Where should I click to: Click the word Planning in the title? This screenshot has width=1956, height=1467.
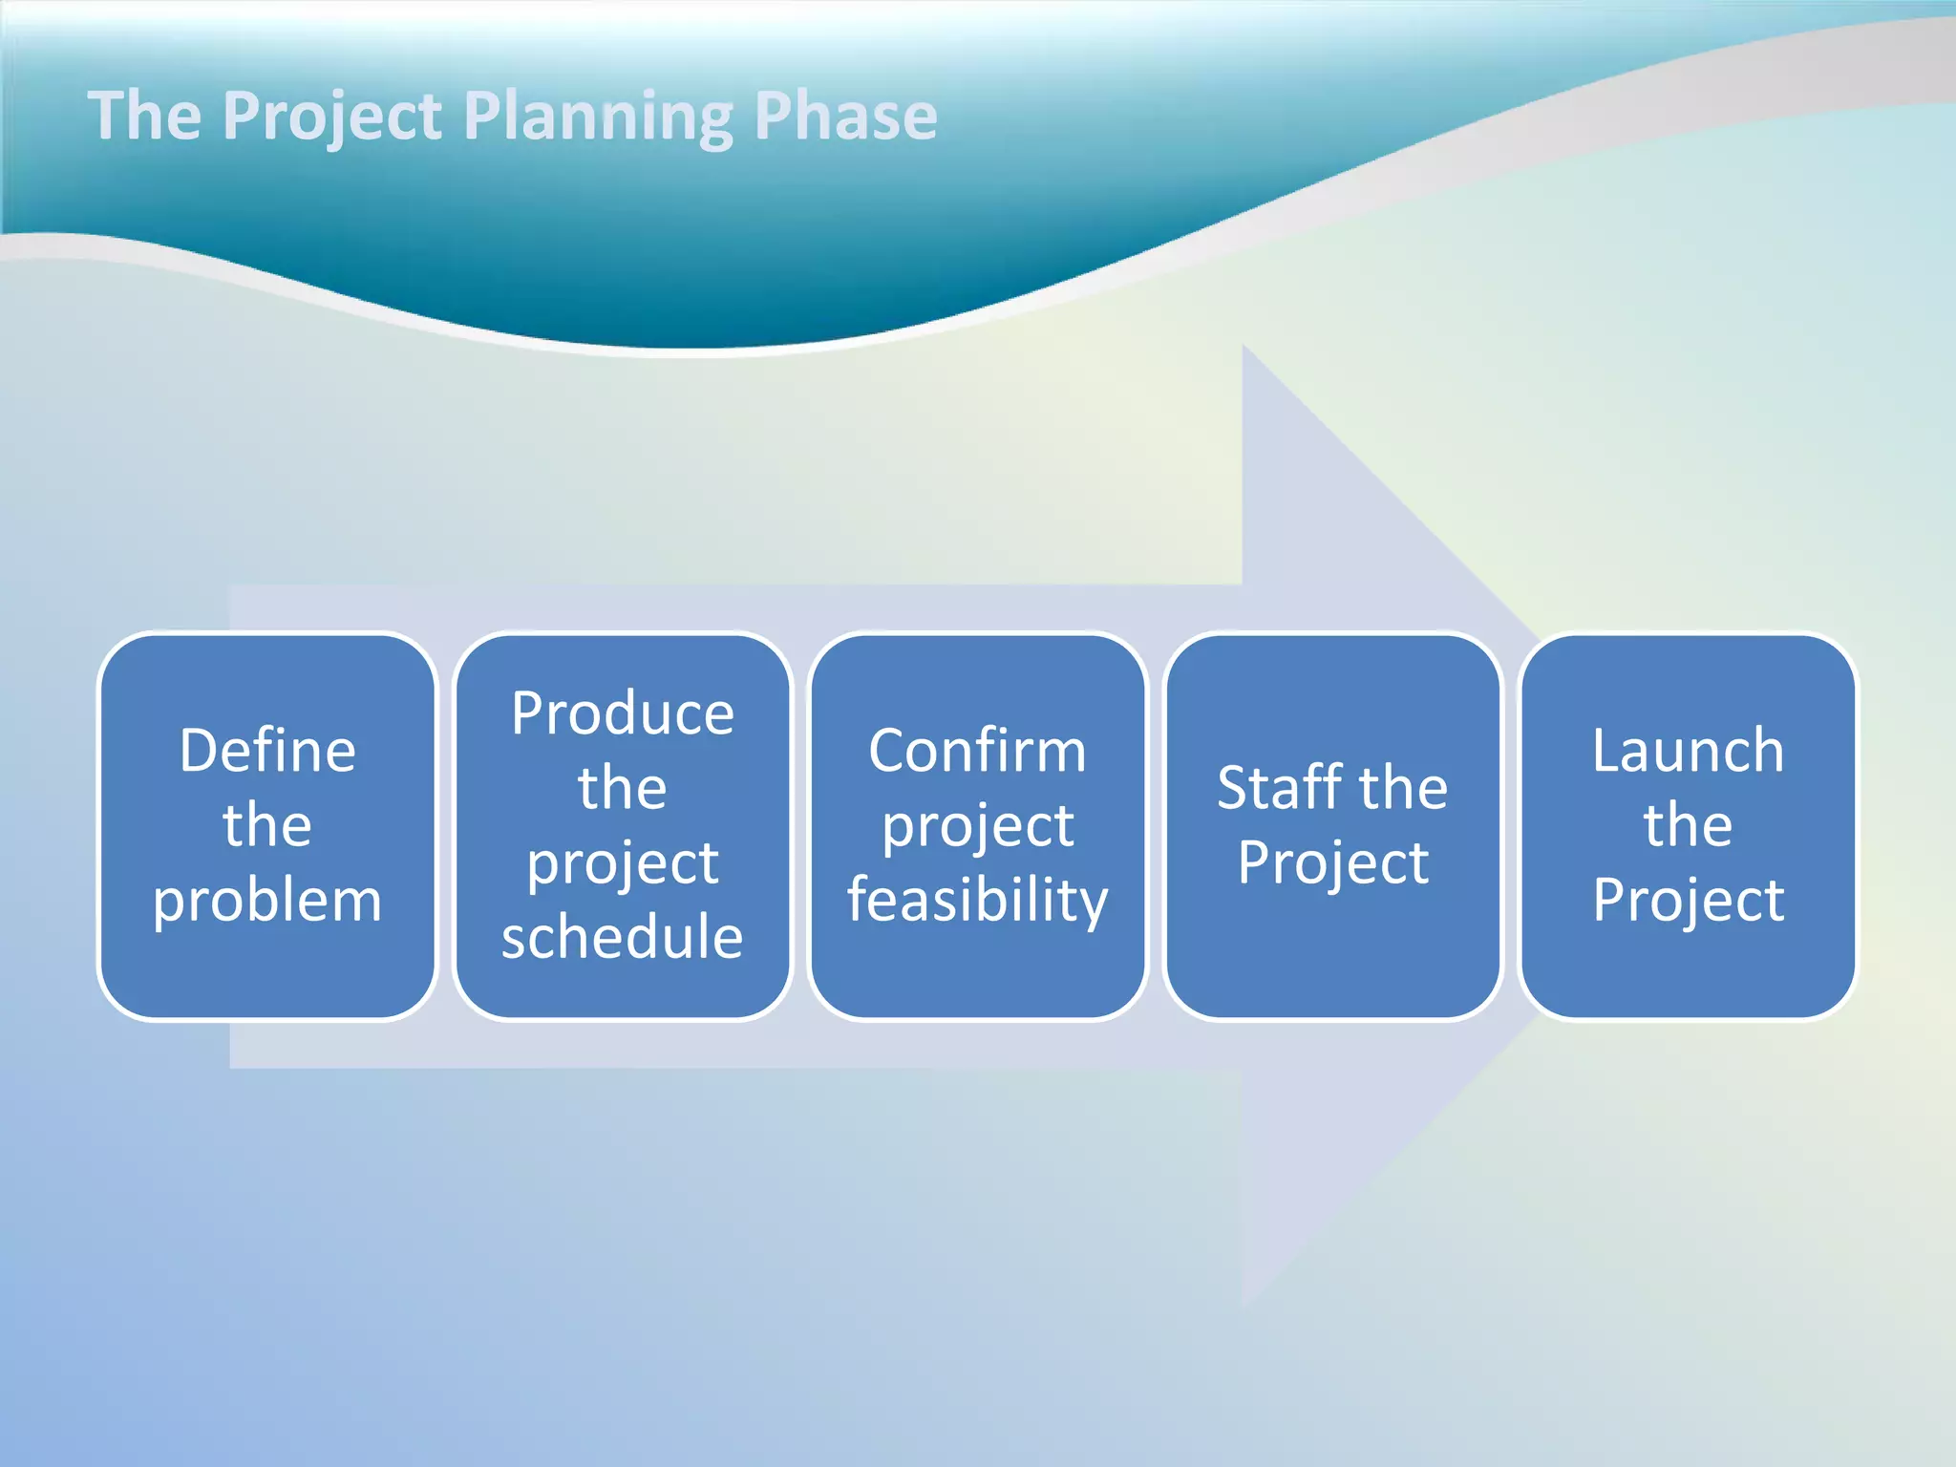coord(600,117)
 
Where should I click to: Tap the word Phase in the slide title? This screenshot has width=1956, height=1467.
coord(845,117)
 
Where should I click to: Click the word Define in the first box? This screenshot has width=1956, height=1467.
coord(267,751)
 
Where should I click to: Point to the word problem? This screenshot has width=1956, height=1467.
coord(267,901)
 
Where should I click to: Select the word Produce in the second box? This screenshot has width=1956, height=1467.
coord(623,713)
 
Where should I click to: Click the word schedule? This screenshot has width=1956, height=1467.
coord(623,937)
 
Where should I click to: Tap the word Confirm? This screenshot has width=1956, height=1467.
coord(977,751)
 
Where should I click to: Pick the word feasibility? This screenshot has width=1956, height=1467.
coord(977,901)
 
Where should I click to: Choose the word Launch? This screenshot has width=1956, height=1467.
coord(1688,751)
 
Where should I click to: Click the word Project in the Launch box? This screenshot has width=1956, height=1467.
coord(1688,901)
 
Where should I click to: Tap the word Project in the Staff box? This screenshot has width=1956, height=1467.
coord(1332,863)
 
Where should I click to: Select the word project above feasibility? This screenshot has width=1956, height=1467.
coord(977,826)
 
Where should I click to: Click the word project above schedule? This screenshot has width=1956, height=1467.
coord(623,863)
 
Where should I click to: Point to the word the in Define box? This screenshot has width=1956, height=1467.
coord(267,825)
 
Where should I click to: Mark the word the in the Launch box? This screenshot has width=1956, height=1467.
coord(1688,825)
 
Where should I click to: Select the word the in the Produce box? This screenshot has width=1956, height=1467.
coord(623,789)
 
